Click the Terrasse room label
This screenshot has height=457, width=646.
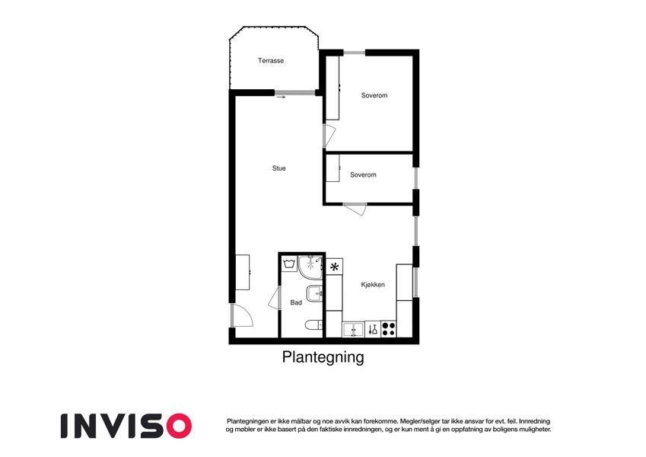pyautogui.click(x=271, y=61)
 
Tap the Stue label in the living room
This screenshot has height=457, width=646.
pyautogui.click(x=279, y=168)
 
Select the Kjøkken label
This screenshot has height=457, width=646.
pyautogui.click(x=373, y=285)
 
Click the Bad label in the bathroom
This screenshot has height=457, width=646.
pyautogui.click(x=296, y=302)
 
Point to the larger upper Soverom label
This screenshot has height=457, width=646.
pyautogui.click(x=374, y=95)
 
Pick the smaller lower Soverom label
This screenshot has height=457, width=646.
pyautogui.click(x=363, y=175)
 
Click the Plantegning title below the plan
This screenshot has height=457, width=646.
pyautogui.click(x=323, y=357)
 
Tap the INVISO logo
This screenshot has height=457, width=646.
pyautogui.click(x=126, y=426)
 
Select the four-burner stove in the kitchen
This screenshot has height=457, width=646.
pyautogui.click(x=389, y=329)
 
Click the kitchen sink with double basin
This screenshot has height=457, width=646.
pyautogui.click(x=353, y=330)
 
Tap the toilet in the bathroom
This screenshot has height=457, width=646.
pyautogui.click(x=315, y=325)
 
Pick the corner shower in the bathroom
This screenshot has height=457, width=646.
pyautogui.click(x=310, y=267)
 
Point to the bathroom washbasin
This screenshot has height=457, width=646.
pyautogui.click(x=314, y=294)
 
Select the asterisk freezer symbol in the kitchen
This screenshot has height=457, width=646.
pyautogui.click(x=334, y=267)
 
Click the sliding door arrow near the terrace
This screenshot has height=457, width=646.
pyautogui.click(x=281, y=97)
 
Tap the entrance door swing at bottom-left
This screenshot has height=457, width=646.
pyautogui.click(x=243, y=315)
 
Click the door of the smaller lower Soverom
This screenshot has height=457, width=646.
pyautogui.click(x=355, y=209)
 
